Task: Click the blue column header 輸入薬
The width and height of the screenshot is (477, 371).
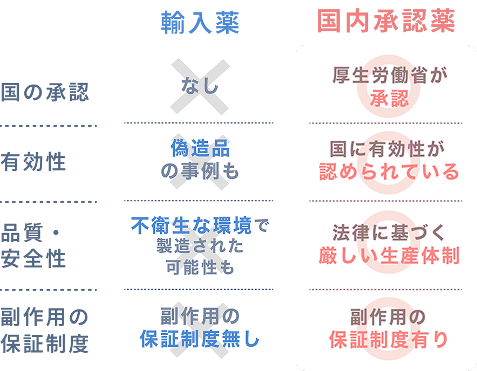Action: pyautogui.click(x=200, y=23)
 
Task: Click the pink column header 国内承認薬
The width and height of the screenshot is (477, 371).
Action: pyautogui.click(x=386, y=20)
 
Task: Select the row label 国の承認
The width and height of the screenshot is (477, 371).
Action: pyautogui.click(x=45, y=92)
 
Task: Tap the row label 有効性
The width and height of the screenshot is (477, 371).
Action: pyautogui.click(x=33, y=162)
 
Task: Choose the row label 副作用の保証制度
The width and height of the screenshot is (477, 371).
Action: pyautogui.click(x=45, y=331)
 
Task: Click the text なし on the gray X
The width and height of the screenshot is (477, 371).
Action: pyautogui.click(x=200, y=85)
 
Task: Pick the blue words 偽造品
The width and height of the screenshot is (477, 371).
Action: pyautogui.click(x=200, y=148)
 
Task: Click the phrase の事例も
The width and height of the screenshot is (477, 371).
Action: pyautogui.click(x=200, y=170)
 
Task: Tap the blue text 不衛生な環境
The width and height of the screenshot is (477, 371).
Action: pyautogui.click(x=192, y=225)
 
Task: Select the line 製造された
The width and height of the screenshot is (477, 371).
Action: pyautogui.click(x=200, y=246)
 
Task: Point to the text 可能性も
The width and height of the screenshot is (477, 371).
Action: pyautogui.click(x=200, y=267)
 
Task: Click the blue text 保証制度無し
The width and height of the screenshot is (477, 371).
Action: pyautogui.click(x=200, y=339)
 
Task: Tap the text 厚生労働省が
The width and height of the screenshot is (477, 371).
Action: pyautogui.click(x=390, y=75)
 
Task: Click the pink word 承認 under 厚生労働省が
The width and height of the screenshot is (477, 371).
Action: pyautogui.click(x=390, y=99)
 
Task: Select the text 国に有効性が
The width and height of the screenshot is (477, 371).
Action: pyautogui.click(x=387, y=149)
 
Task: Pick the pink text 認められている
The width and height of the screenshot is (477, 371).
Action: pyautogui.click(x=389, y=171)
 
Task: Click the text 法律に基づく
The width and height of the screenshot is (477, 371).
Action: pyautogui.click(x=389, y=232)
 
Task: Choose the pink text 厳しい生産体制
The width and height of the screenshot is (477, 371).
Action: pyautogui.click(x=389, y=256)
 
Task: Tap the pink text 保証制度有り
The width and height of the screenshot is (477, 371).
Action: pyautogui.click(x=389, y=339)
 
